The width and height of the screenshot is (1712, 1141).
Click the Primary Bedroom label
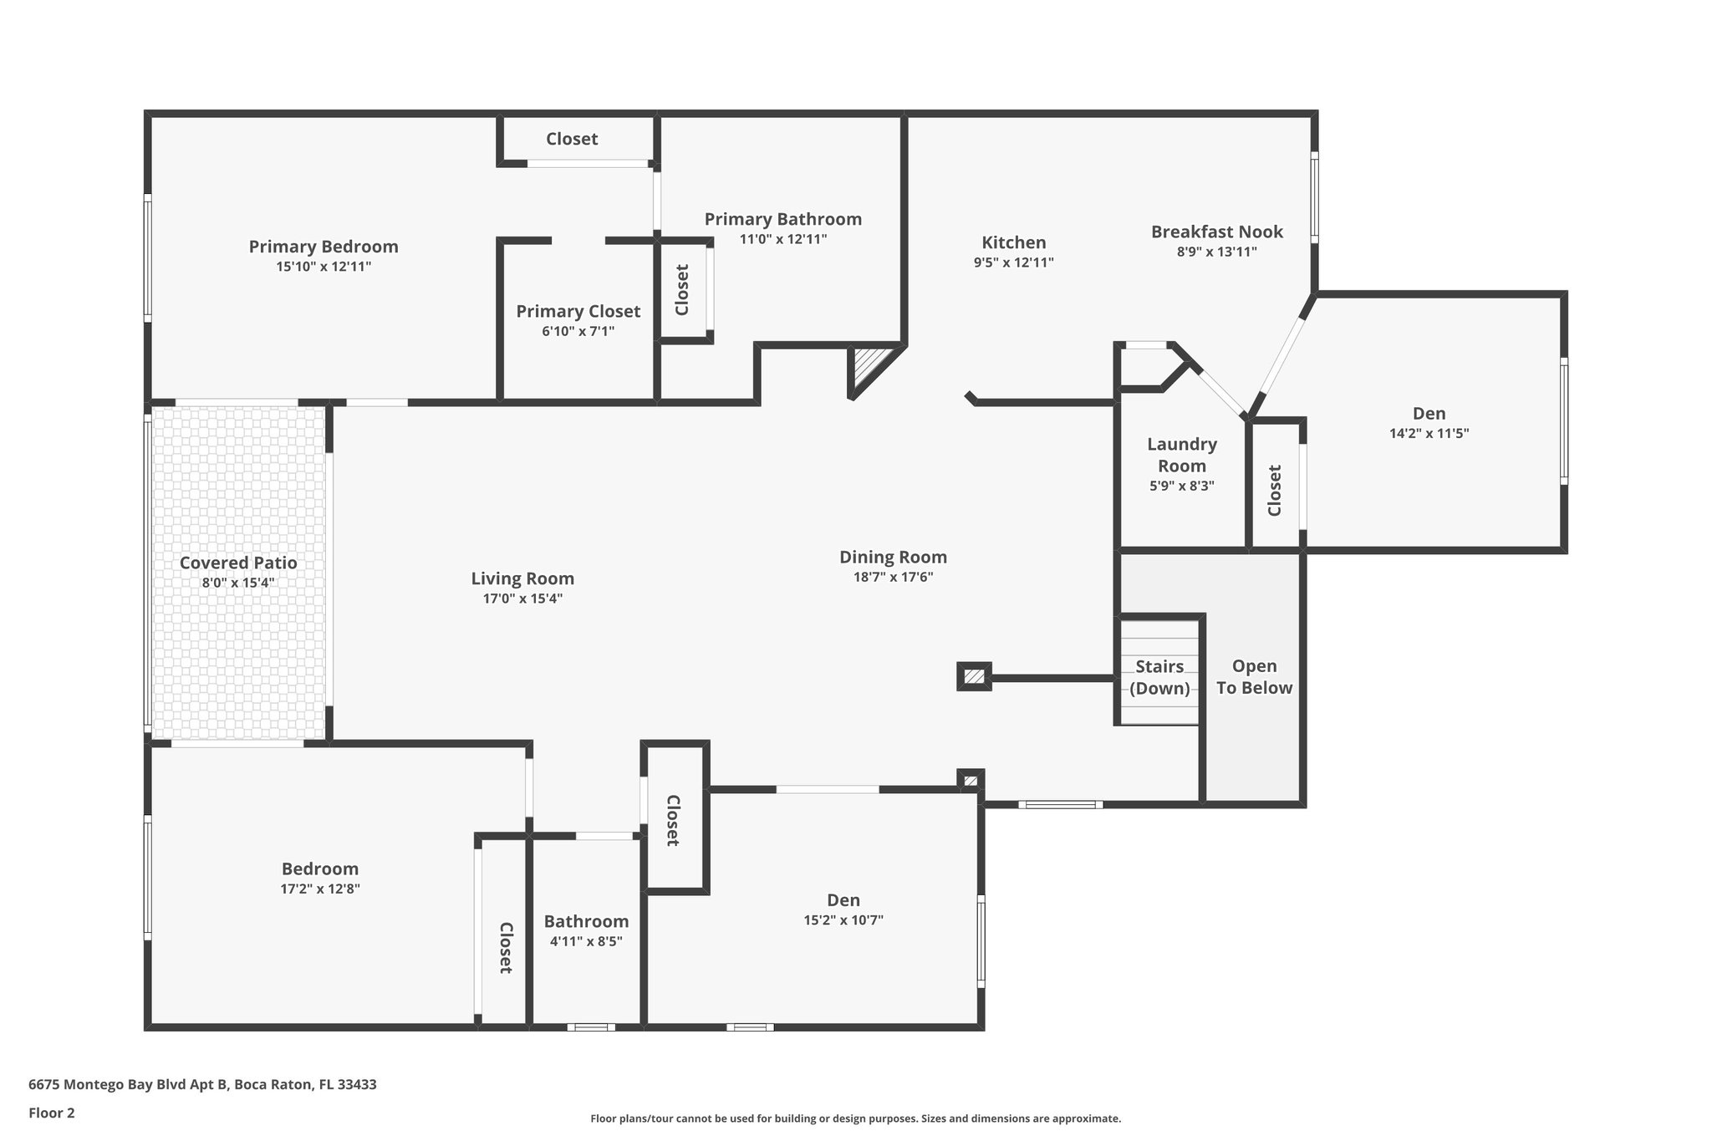pyautogui.click(x=324, y=247)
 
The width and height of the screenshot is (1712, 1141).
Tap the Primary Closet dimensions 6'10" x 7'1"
pyautogui.click(x=578, y=332)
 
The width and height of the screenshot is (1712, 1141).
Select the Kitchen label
pyautogui.click(x=1014, y=242)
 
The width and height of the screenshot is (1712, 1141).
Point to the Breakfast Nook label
pyautogui.click(x=1217, y=232)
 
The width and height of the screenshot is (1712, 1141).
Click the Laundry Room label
pyautogui.click(x=1182, y=455)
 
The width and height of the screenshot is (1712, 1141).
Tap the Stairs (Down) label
pyautogui.click(x=1159, y=677)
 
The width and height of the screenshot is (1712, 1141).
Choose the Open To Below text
pyautogui.click(x=1255, y=677)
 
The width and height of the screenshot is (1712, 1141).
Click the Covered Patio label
pyautogui.click(x=238, y=563)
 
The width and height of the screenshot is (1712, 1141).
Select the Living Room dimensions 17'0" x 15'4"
pyautogui.click(x=522, y=599)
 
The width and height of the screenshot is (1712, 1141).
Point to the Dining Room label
pyautogui.click(x=894, y=557)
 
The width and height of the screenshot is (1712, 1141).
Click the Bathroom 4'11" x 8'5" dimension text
pyautogui.click(x=586, y=941)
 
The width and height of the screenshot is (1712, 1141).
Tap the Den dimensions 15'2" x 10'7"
pyautogui.click(x=843, y=920)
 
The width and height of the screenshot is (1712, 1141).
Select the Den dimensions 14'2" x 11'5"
pyautogui.click(x=1429, y=433)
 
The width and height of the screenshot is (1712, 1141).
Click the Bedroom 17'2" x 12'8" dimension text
pyautogui.click(x=320, y=889)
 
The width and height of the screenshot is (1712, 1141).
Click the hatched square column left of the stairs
pyautogui.click(x=974, y=676)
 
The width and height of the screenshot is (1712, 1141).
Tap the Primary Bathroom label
pyautogui.click(x=783, y=219)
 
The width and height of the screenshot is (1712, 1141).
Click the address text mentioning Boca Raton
pyautogui.click(x=202, y=1084)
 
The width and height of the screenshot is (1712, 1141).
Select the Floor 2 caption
pyautogui.click(x=52, y=1113)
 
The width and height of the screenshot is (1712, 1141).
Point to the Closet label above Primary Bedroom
pyautogui.click(x=572, y=139)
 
